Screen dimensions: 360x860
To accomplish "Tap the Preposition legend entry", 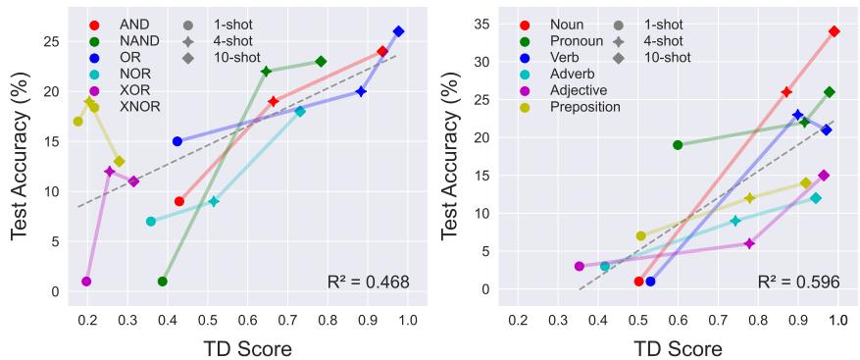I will click(584, 106).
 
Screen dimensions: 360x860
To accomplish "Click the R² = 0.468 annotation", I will click(368, 283).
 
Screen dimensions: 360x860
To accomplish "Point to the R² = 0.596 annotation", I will click(798, 283).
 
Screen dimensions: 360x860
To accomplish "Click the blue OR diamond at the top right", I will click(398, 31).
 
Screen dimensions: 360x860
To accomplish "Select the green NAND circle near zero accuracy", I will click(163, 282).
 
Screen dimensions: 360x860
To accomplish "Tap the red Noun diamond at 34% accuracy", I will click(834, 31).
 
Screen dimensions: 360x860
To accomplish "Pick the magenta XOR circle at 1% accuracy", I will click(86, 282).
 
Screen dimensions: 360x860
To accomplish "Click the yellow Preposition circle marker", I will click(641, 235).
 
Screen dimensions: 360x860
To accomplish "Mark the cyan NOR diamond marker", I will click(300, 111).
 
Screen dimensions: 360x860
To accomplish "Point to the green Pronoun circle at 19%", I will click(678, 145).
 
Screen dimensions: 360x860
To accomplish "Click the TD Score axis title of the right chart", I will click(680, 347).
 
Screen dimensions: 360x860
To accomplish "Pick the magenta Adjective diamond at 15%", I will click(824, 176).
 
